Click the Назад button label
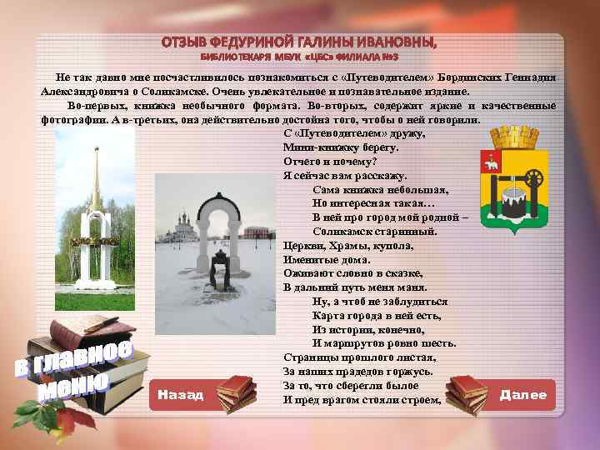pos(180,395)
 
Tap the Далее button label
pos(523,395)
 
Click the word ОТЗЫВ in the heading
pos(187,42)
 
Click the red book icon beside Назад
pos(236,392)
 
